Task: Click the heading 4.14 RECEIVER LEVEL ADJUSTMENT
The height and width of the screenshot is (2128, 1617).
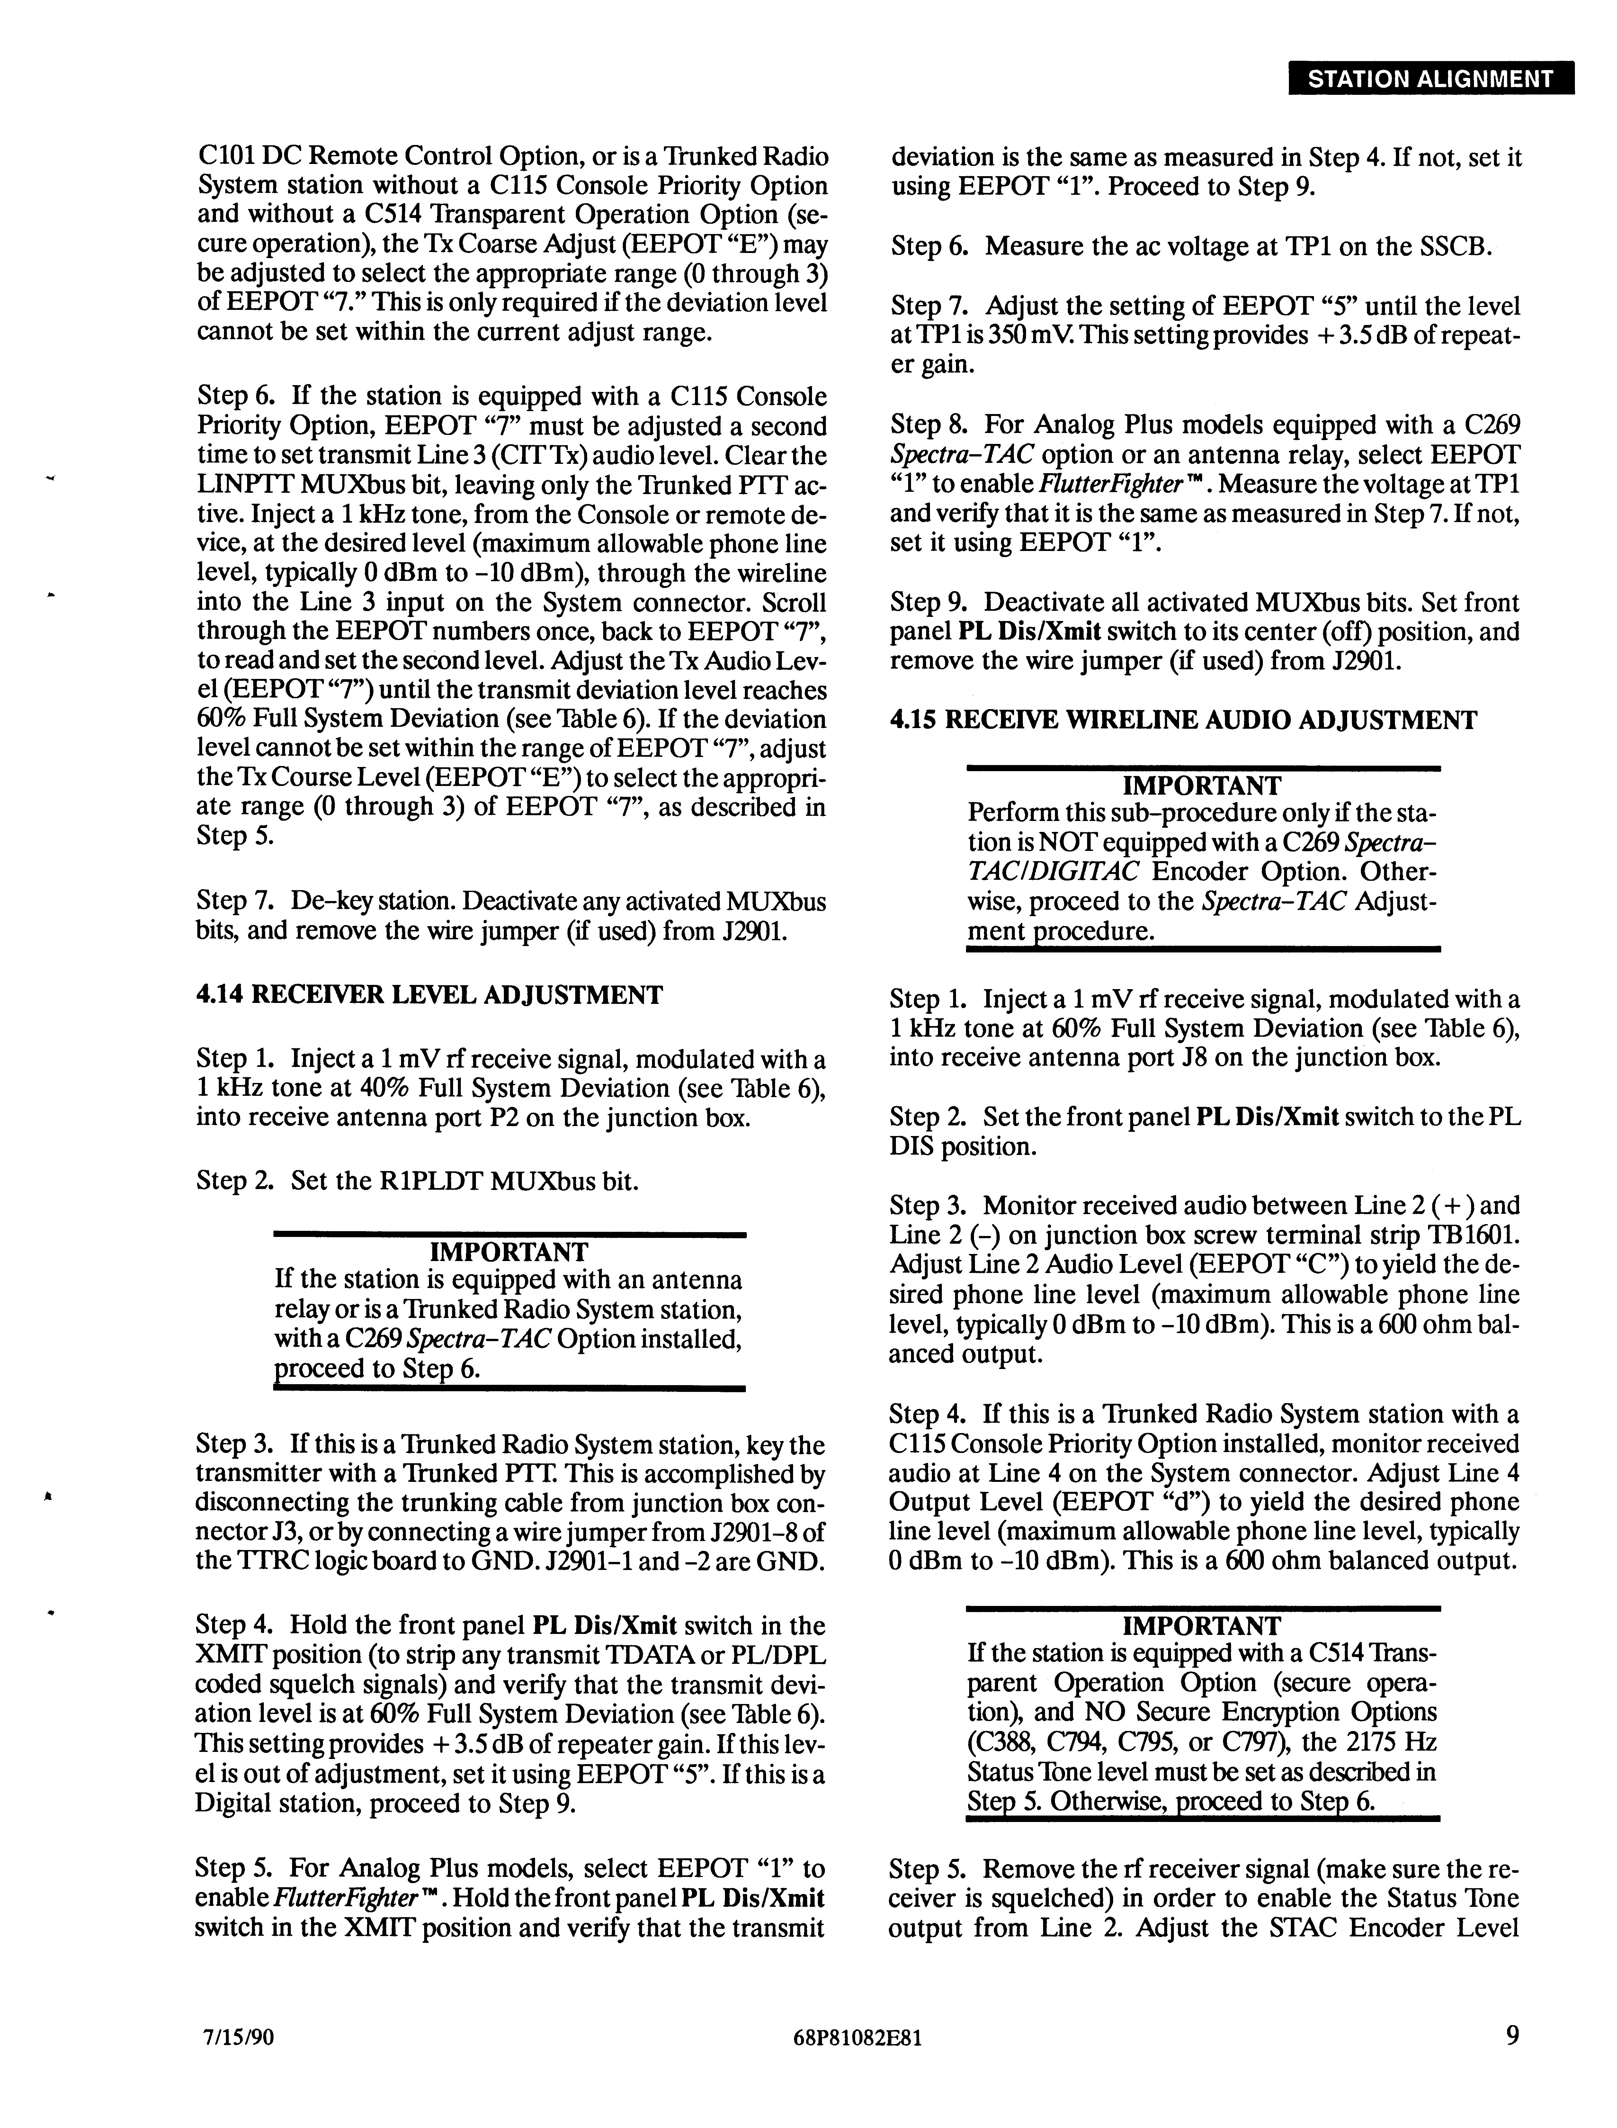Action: tap(429, 995)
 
